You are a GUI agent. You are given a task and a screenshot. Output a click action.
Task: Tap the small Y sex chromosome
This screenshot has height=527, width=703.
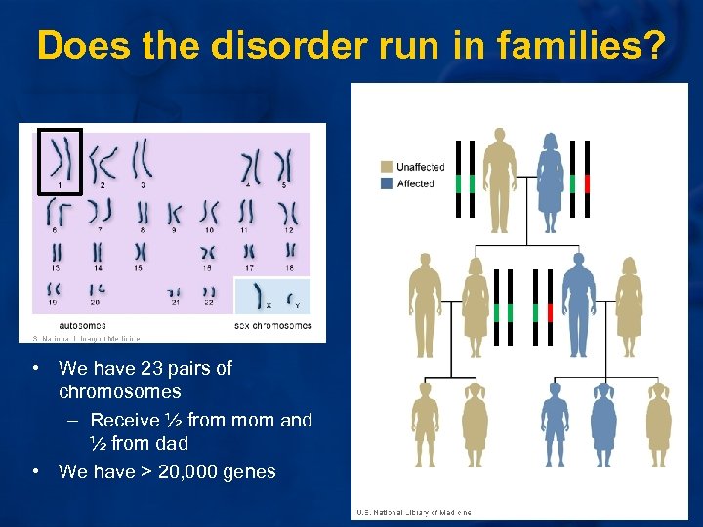pyautogui.click(x=293, y=291)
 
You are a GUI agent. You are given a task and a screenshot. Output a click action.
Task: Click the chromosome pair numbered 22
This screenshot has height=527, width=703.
pyautogui.click(x=209, y=292)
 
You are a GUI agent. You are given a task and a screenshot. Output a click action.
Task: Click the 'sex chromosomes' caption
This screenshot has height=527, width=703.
pyautogui.click(x=274, y=324)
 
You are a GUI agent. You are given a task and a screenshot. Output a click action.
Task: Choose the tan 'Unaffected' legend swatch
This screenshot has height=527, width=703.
pyautogui.click(x=388, y=167)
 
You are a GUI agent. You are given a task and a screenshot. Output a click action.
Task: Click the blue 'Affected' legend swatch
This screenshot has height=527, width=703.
pyautogui.click(x=388, y=183)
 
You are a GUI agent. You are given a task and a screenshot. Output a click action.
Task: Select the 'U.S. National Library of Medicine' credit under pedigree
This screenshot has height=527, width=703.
pyautogui.click(x=414, y=512)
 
